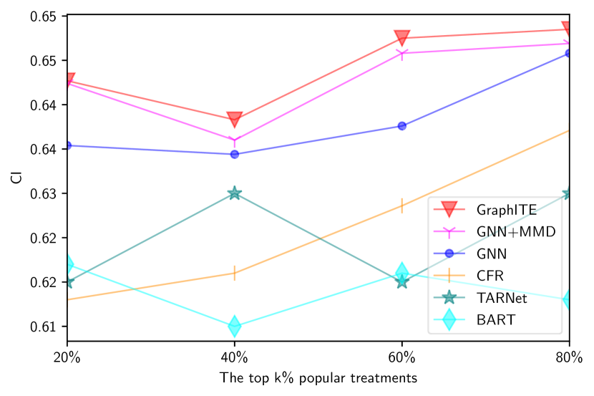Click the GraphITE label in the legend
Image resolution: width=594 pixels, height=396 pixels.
point(506,210)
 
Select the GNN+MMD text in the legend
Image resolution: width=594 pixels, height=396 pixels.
point(515,231)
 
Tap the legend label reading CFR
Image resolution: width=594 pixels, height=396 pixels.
point(491,276)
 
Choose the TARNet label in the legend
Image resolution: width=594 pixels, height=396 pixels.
point(502,298)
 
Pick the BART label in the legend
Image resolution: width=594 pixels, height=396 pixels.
point(495,320)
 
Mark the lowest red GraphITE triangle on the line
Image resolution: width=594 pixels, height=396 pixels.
point(235,119)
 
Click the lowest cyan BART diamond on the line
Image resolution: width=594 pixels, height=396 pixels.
point(235,327)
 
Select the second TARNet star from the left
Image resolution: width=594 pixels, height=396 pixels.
point(235,193)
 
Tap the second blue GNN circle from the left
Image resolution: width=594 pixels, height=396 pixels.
point(235,154)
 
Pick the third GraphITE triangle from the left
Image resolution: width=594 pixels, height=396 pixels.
point(402,38)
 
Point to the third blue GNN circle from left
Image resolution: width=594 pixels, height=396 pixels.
point(402,126)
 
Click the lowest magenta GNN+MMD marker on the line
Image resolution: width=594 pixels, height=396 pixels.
point(235,140)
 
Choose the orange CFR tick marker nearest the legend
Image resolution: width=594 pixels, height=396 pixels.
point(402,206)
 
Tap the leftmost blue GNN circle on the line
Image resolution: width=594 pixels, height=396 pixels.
point(68,145)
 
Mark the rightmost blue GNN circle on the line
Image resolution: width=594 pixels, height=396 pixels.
point(569,53)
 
